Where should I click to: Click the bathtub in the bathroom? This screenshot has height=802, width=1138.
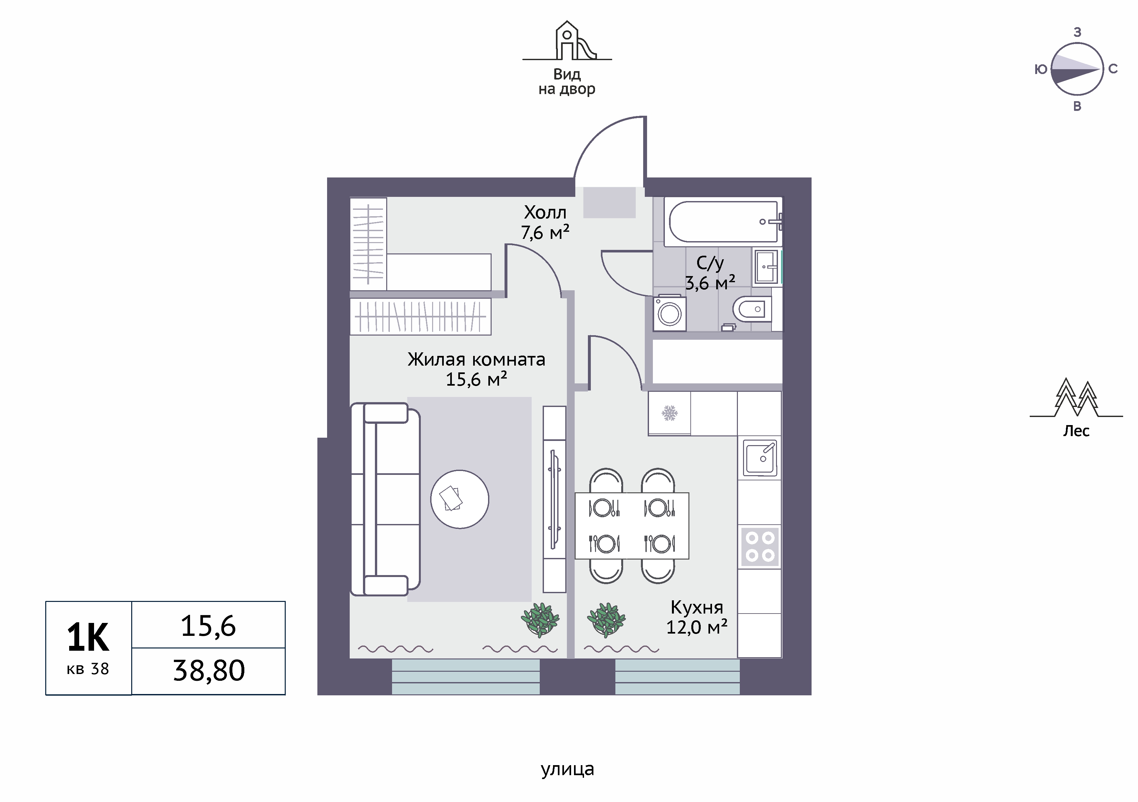pyautogui.click(x=723, y=221)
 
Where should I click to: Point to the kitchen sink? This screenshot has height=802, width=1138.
pyautogui.click(x=760, y=457)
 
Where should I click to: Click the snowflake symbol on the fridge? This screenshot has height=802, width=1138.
pyautogui.click(x=670, y=413)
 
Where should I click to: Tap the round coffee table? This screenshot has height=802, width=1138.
pyautogui.click(x=460, y=499)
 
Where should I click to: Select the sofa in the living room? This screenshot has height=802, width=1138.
pyautogui.click(x=385, y=499)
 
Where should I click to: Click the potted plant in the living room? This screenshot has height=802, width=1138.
pyautogui.click(x=540, y=620)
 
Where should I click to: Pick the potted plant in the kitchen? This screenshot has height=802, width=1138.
pyautogui.click(x=606, y=620)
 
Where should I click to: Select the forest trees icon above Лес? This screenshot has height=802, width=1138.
pyautogui.click(x=1076, y=398)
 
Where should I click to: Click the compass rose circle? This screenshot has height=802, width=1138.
pyautogui.click(x=1077, y=69)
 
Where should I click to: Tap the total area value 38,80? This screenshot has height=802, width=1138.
pyautogui.click(x=209, y=671)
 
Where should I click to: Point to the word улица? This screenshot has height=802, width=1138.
pyautogui.click(x=567, y=769)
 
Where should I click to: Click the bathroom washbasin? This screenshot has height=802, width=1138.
pyautogui.click(x=766, y=267)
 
